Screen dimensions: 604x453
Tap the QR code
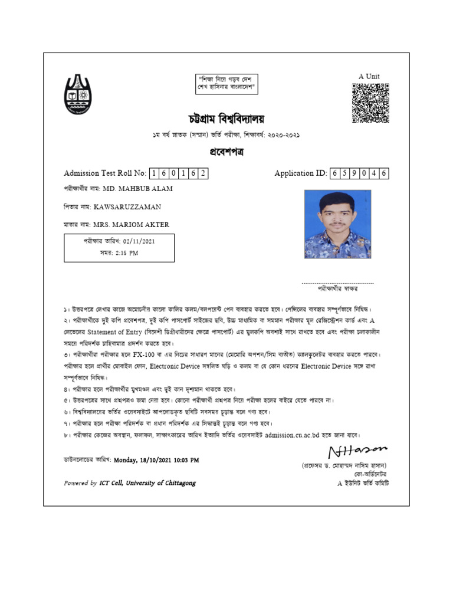(x=370, y=103)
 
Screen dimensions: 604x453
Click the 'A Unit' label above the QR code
(x=369, y=76)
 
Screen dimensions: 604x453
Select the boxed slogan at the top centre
(x=226, y=83)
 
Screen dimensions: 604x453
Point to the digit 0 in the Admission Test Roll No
(x=174, y=173)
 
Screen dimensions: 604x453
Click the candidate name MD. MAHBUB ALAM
(x=138, y=189)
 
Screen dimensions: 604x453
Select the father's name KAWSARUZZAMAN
(x=127, y=207)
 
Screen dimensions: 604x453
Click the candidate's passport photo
(x=337, y=224)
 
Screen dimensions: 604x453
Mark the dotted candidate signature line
(x=337, y=283)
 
